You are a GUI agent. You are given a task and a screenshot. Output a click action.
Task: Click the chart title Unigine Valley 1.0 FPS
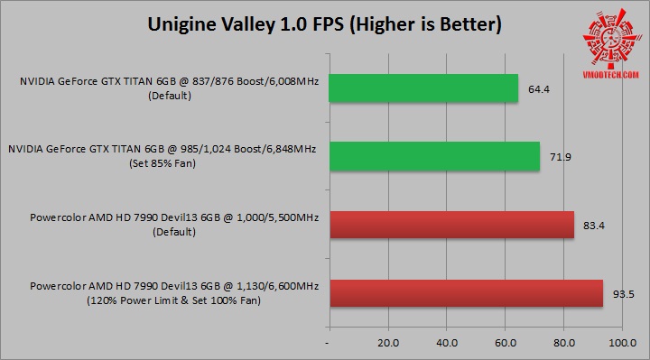(x=324, y=24)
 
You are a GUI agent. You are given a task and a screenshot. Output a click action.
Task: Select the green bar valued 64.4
(x=423, y=88)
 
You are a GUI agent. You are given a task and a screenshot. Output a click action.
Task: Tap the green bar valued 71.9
(x=434, y=156)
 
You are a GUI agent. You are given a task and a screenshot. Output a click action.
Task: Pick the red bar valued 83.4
(x=451, y=225)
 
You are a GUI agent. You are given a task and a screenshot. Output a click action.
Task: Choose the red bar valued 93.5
(x=466, y=293)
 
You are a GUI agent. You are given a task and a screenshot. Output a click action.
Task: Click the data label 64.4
(x=540, y=88)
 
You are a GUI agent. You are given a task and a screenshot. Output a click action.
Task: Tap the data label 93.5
(x=625, y=294)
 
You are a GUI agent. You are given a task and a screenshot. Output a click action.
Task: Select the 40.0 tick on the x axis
(x=447, y=343)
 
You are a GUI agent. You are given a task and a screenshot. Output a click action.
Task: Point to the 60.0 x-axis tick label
(x=506, y=343)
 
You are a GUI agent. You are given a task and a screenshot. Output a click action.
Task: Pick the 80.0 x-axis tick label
(x=564, y=343)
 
